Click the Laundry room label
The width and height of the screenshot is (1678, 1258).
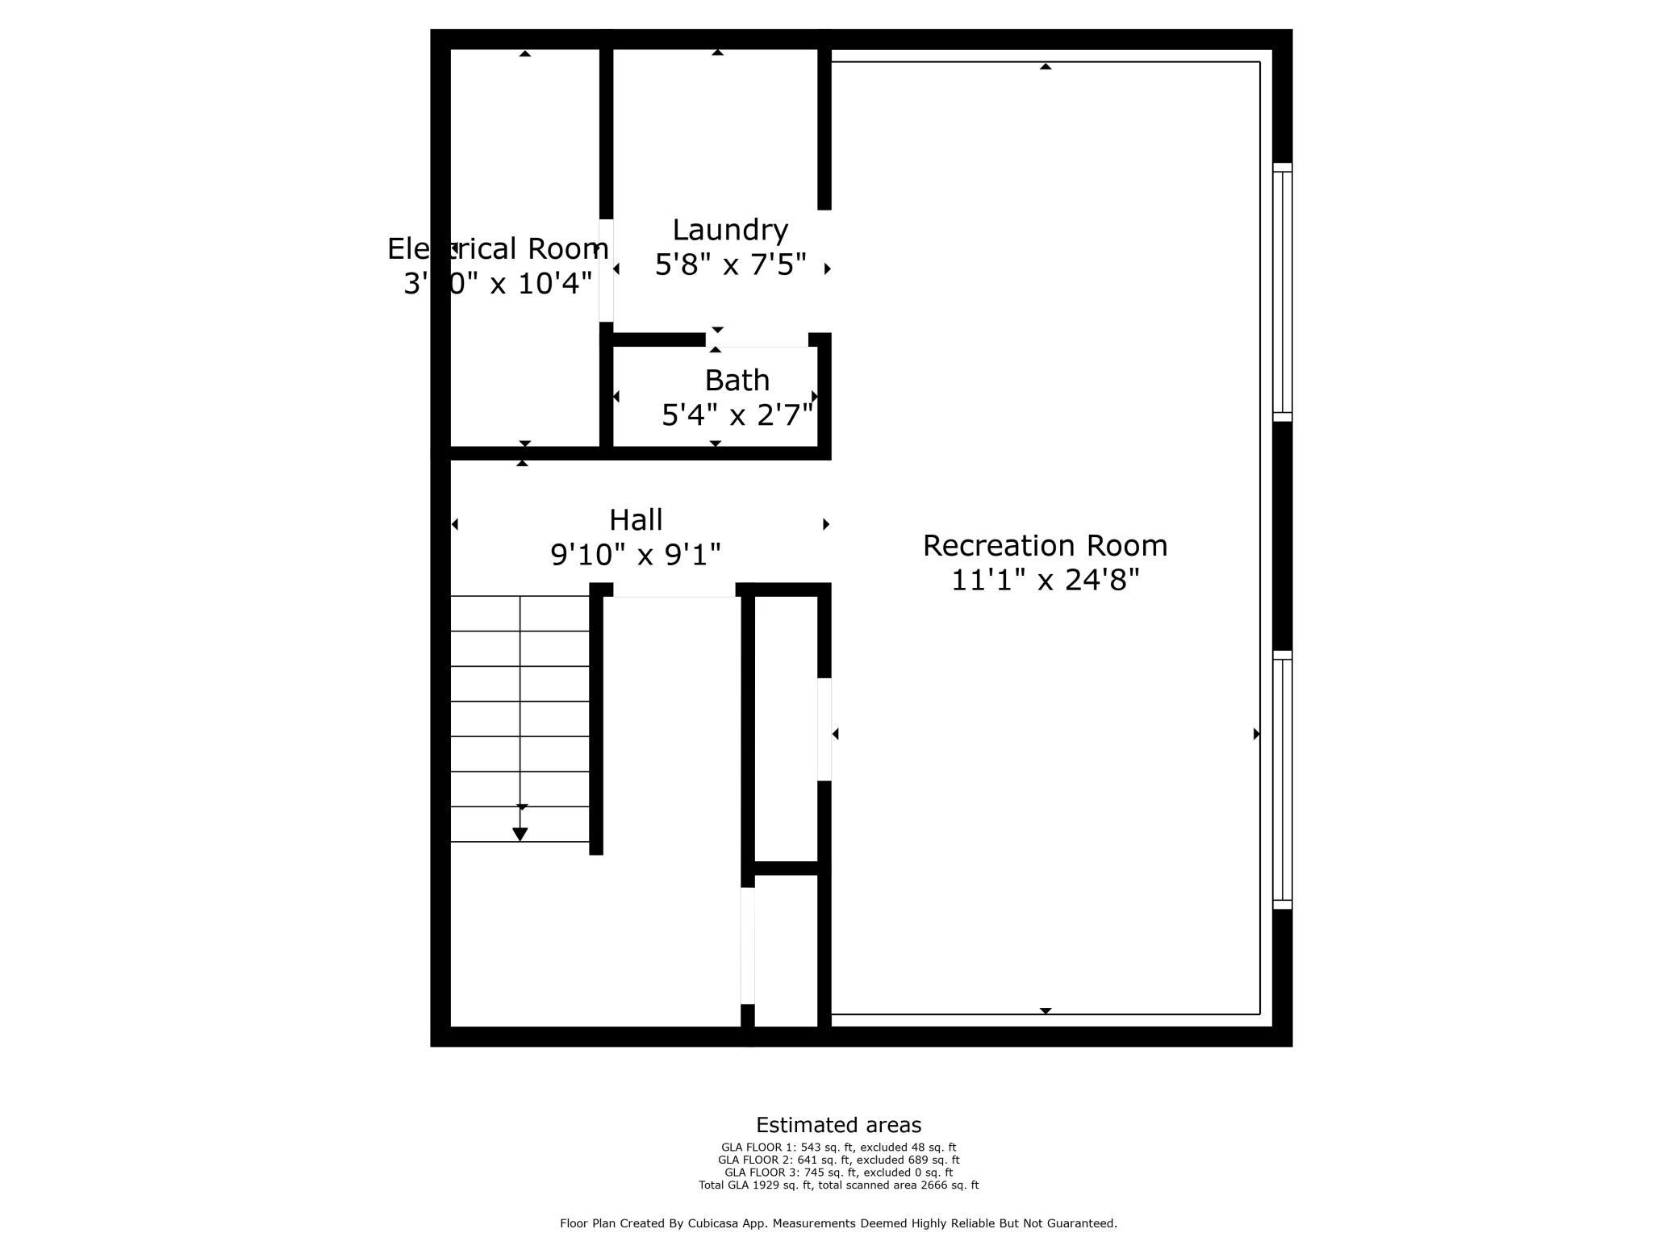(730, 231)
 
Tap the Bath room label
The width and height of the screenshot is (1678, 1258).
(737, 381)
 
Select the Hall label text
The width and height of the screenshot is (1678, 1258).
(636, 520)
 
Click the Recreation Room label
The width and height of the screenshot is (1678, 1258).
(1045, 546)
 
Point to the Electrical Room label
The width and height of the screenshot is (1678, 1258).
(498, 249)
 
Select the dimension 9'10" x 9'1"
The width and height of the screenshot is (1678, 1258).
(636, 555)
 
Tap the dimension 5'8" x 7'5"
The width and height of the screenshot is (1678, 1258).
(730, 265)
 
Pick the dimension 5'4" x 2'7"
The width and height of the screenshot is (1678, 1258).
(737, 415)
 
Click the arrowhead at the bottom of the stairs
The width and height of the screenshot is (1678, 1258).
(520, 834)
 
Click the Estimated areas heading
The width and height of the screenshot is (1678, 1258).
(838, 1125)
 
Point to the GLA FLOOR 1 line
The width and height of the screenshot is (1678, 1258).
(838, 1148)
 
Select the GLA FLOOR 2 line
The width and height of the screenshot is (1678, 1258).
(838, 1160)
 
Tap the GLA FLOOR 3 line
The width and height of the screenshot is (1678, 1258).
(838, 1173)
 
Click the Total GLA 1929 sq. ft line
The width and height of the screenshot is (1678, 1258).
(838, 1185)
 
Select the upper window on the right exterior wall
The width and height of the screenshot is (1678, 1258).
(1282, 292)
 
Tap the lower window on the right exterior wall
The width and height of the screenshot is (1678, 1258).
(1282, 780)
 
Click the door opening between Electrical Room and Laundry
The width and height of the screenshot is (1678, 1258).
(606, 270)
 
